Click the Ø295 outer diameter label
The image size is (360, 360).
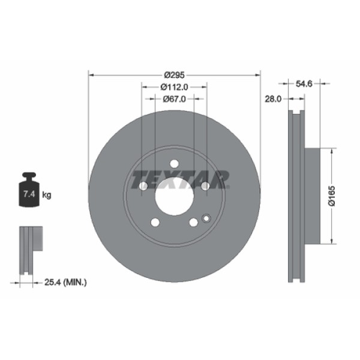point(175,75)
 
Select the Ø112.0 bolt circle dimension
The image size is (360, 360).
point(175,87)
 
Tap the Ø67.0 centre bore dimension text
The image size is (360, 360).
point(175,99)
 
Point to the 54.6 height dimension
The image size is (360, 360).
point(305,85)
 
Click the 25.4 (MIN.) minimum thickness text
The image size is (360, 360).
point(66,281)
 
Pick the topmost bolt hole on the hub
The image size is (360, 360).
point(174,163)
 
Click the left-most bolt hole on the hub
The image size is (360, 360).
point(143,186)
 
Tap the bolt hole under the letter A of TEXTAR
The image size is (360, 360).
point(205,186)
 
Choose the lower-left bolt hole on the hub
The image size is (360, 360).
point(155,223)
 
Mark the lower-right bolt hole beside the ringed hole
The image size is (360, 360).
point(193,223)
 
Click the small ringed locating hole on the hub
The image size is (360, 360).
point(206,218)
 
